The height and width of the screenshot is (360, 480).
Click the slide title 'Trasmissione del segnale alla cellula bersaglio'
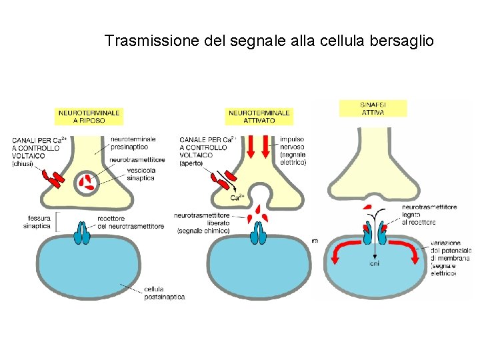(x=269, y=41)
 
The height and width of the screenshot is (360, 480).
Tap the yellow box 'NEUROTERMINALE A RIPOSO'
(x=89, y=116)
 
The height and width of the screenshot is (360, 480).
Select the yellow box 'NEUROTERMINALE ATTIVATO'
(x=259, y=116)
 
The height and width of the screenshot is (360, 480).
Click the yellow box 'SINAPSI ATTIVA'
(x=373, y=108)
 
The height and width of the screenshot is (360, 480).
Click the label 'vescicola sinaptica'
(x=140, y=174)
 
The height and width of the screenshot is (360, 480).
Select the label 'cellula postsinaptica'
(x=164, y=293)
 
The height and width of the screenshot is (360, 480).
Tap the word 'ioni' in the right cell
(x=374, y=264)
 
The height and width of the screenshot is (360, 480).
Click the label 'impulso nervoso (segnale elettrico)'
(x=293, y=151)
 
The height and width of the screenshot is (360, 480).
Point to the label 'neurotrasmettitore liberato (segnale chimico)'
(x=203, y=223)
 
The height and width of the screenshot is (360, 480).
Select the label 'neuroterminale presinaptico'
(x=133, y=143)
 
